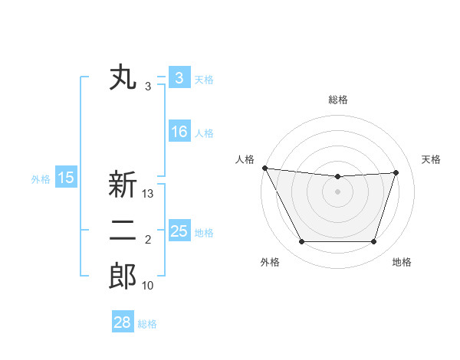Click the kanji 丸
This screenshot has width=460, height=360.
point(123,78)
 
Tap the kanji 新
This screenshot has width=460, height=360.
point(123,185)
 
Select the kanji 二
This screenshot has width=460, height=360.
point(123,231)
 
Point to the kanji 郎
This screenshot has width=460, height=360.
point(123,277)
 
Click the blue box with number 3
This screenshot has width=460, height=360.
point(179,78)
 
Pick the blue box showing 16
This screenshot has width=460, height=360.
point(179,132)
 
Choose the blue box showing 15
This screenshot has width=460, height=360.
point(66,178)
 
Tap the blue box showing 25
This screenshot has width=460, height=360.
point(179,231)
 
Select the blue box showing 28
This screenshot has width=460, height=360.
point(123,322)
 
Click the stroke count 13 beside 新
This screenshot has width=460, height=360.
point(148,195)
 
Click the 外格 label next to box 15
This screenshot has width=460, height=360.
point(41,179)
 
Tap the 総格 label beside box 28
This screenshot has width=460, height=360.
point(147,323)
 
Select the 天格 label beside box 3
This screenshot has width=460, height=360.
point(204,79)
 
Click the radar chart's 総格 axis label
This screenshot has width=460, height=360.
point(337,100)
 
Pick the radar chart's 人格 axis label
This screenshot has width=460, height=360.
point(245,159)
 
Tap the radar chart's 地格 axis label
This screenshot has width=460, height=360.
point(402,263)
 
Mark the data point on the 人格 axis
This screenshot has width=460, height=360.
point(264,168)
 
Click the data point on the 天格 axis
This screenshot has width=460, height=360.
point(396,172)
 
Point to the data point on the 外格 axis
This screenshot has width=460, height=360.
point(301,242)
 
